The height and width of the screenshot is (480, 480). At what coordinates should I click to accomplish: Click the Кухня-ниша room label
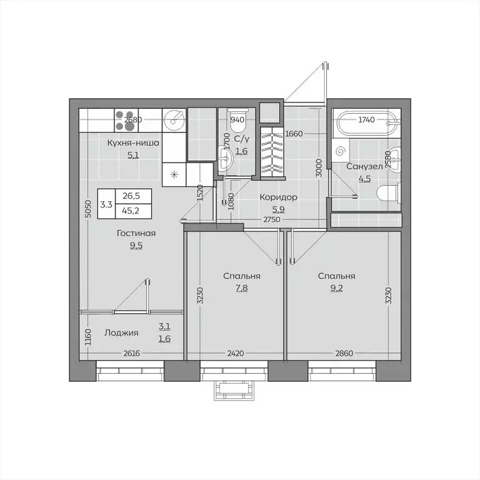tap(133, 143)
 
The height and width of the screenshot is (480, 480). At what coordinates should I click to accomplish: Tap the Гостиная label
tap(136, 233)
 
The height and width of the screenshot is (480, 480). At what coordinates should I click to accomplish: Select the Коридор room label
tap(279, 197)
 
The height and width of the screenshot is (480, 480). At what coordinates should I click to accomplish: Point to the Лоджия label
tap(121, 332)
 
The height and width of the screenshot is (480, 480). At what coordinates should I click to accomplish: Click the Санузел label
tap(364, 166)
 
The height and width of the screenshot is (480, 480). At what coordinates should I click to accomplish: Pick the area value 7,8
tap(241, 288)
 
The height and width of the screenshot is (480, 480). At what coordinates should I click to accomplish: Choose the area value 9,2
tap(336, 288)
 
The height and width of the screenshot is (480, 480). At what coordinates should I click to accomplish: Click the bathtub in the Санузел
tap(366, 123)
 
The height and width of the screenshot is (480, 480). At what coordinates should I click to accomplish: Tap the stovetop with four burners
tap(126, 120)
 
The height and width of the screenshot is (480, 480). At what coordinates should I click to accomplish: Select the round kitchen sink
tap(174, 121)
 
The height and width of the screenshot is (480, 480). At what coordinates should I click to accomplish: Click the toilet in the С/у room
tap(238, 119)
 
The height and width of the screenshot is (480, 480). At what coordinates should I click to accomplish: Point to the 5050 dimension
tap(88, 209)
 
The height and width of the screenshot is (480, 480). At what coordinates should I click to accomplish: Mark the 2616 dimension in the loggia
tap(132, 353)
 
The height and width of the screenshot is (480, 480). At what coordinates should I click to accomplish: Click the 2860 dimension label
tap(344, 353)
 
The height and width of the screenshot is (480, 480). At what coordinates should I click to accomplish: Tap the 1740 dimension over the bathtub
tap(366, 120)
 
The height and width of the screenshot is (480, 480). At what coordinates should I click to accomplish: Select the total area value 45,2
tap(131, 211)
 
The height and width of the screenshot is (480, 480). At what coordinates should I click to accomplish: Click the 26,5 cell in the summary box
tap(131, 196)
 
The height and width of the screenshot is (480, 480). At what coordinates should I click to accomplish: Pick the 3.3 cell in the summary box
tap(106, 204)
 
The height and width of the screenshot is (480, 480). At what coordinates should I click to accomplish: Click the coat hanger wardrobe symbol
tap(272, 152)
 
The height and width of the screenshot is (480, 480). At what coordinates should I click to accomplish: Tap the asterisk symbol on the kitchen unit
tap(174, 175)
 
